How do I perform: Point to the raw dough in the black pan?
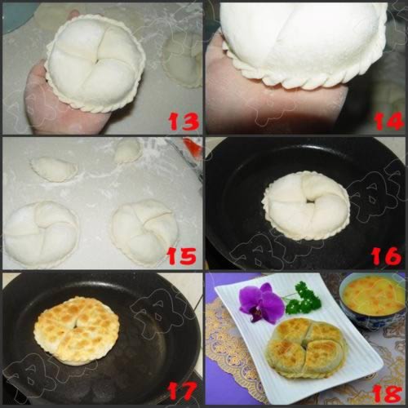pyautogui.click(x=305, y=205)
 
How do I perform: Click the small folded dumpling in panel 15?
pyautogui.click(x=54, y=169)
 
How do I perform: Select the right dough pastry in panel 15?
pyautogui.click(x=144, y=231)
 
